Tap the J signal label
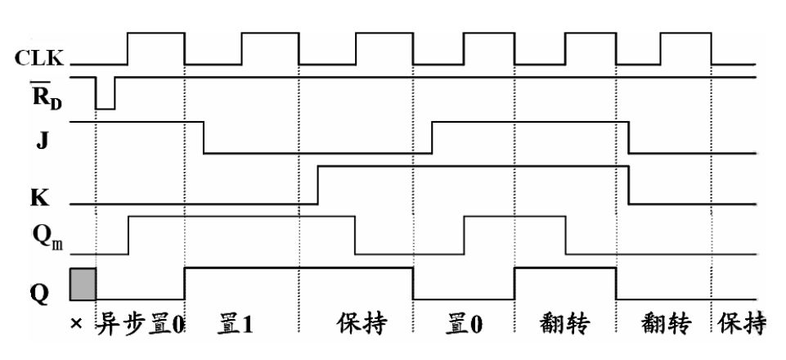point(35,139)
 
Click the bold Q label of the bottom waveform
point(36,291)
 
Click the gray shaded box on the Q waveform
point(83,283)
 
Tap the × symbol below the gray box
point(75,325)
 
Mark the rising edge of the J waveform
point(433,137)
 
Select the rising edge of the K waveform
point(317,185)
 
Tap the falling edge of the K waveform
point(629,185)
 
